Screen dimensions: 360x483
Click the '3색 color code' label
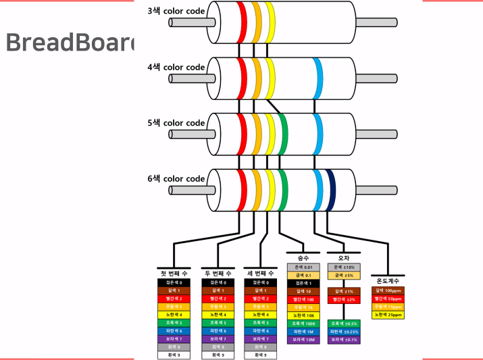(x=176, y=11)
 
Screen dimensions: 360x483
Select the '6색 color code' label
(x=176, y=179)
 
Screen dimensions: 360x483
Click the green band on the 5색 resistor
(x=283, y=130)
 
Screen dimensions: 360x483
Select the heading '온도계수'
(x=388, y=280)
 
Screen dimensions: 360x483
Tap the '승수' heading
(x=303, y=259)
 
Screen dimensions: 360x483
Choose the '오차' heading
(x=343, y=259)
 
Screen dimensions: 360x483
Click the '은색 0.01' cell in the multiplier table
(x=303, y=267)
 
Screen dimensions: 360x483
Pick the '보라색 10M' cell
(x=303, y=340)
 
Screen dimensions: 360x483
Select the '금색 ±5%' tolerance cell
(x=343, y=276)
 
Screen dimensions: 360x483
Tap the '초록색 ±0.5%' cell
(x=343, y=324)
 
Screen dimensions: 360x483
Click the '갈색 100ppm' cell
(x=388, y=290)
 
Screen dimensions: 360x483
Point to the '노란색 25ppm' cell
(x=388, y=315)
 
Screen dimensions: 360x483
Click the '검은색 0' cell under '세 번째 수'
(x=261, y=282)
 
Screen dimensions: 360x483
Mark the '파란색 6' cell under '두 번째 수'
(x=218, y=331)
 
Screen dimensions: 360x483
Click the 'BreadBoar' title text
(x=68, y=42)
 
